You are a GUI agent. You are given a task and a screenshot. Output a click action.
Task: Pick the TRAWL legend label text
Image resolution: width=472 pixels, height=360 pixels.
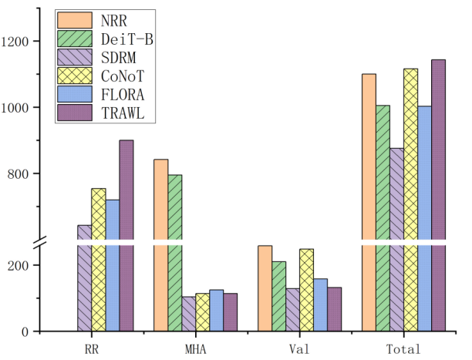120,114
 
